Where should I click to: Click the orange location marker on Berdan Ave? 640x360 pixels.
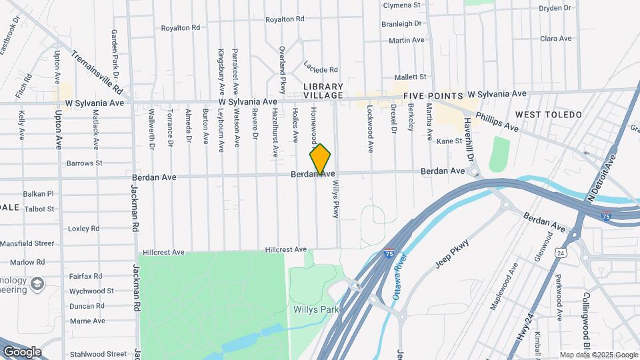tap(321, 159)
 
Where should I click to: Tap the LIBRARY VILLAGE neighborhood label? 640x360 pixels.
tap(323, 91)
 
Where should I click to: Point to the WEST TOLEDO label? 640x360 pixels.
tap(549, 115)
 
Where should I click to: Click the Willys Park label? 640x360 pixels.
tap(316, 309)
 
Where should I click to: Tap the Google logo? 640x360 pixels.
tap(21, 352)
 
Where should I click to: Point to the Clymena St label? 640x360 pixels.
tap(402, 5)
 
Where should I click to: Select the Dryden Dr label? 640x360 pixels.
tap(555, 8)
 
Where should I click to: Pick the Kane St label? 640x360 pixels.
tap(449, 141)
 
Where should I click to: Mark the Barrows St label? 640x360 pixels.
tap(85, 163)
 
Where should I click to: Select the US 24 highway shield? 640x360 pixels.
tap(561, 253)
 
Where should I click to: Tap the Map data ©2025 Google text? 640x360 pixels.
tap(599, 355)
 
